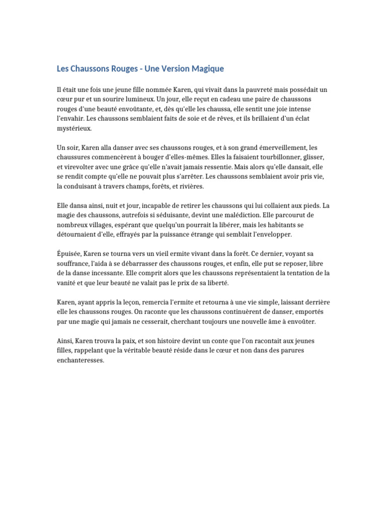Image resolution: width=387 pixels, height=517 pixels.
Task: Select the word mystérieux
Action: click(75, 128)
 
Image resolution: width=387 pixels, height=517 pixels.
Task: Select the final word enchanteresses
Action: click(80, 360)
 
